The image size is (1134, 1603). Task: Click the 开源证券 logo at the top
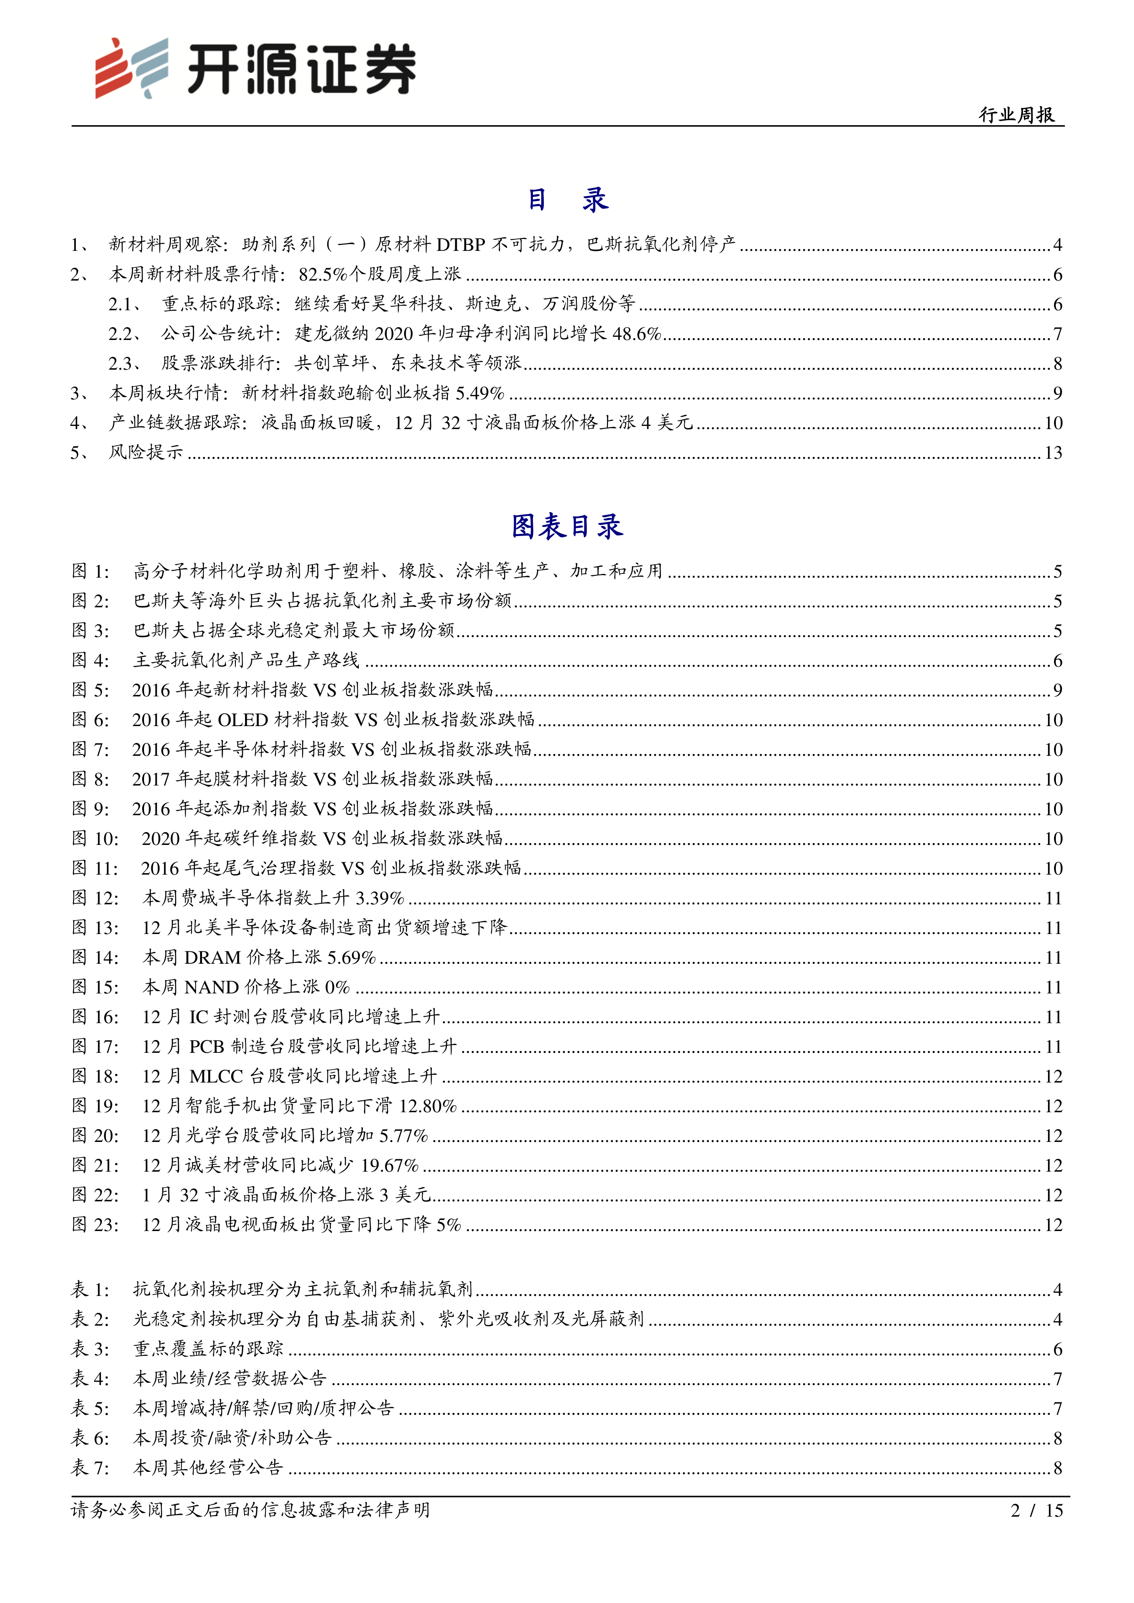[x=256, y=68]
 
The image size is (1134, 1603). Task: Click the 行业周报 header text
[x=1016, y=115]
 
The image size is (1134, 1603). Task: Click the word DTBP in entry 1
[x=460, y=244]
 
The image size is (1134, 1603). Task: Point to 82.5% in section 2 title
[x=323, y=274]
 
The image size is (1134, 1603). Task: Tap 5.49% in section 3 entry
[x=480, y=393]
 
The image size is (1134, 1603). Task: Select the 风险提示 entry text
[x=145, y=452]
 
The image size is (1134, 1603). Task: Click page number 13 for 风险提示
[x=1053, y=452]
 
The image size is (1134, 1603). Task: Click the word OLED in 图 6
[x=243, y=720]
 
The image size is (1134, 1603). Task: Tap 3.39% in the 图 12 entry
[x=380, y=898]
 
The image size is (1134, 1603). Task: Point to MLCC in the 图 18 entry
[x=217, y=1076]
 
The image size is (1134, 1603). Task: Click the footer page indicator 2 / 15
[x=1036, y=1510]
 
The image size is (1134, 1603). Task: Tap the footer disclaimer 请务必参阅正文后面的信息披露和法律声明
[x=250, y=1510]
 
